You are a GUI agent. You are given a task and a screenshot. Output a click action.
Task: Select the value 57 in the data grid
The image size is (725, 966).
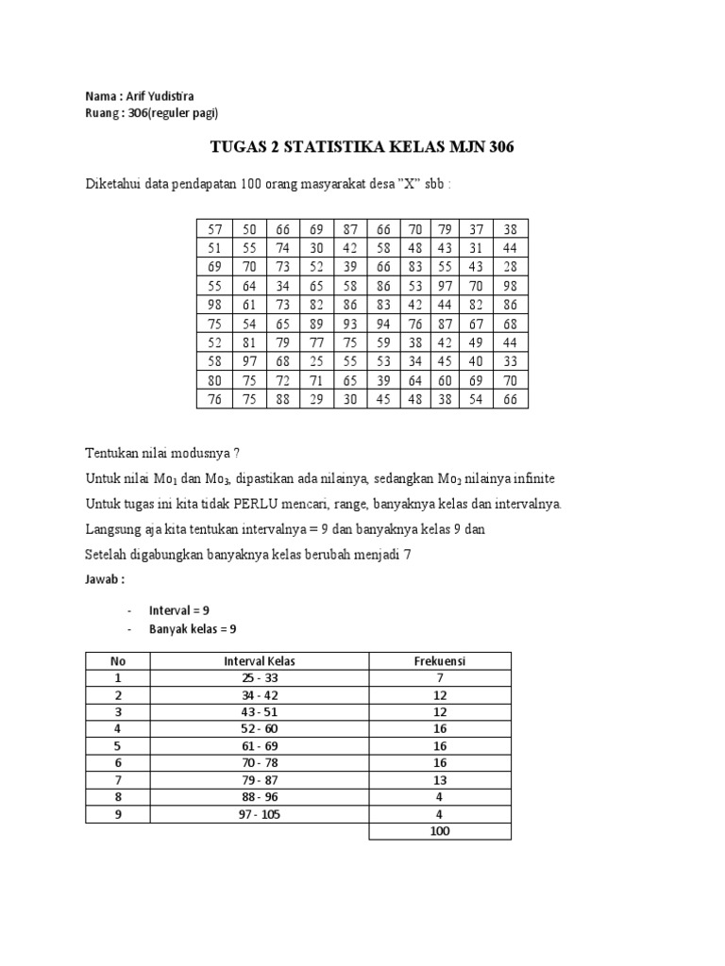[x=214, y=229]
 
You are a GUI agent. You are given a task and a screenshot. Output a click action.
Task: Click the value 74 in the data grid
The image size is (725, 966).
[x=282, y=247]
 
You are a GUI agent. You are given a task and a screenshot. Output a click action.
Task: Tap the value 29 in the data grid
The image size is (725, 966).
[x=316, y=400]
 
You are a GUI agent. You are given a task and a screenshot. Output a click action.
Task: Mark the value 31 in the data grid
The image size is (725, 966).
[x=478, y=247]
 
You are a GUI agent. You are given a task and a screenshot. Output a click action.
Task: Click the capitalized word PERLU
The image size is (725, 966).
[x=280, y=504]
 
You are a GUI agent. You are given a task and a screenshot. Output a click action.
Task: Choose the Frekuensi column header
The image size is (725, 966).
[x=439, y=661]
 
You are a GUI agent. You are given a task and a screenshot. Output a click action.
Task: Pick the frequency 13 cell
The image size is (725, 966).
[x=439, y=780]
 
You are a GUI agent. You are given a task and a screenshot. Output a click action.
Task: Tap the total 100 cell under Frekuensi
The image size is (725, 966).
[x=439, y=831]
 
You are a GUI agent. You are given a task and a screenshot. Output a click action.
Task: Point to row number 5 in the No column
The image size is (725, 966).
[x=119, y=746]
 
